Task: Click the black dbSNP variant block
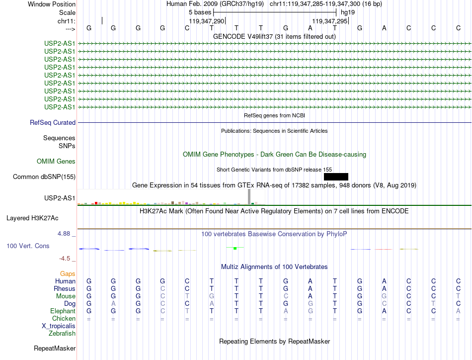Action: pyautogui.click(x=336, y=177)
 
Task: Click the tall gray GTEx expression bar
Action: pyautogui.click(x=249, y=196)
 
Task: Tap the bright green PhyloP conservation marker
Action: pyautogui.click(x=235, y=248)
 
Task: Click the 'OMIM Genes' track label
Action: pyautogui.click(x=56, y=161)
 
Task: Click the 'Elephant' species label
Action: pyautogui.click(x=63, y=311)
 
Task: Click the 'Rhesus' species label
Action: pyautogui.click(x=65, y=288)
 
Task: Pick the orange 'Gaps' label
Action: pyautogui.click(x=68, y=273)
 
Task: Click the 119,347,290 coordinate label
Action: pyautogui.click(x=207, y=21)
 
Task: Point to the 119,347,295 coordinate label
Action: pyautogui.click(x=329, y=21)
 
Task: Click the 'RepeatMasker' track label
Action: pyautogui.click(x=55, y=348)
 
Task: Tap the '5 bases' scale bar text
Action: pyautogui.click(x=200, y=11)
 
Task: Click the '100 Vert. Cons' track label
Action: pyautogui.click(x=28, y=246)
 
